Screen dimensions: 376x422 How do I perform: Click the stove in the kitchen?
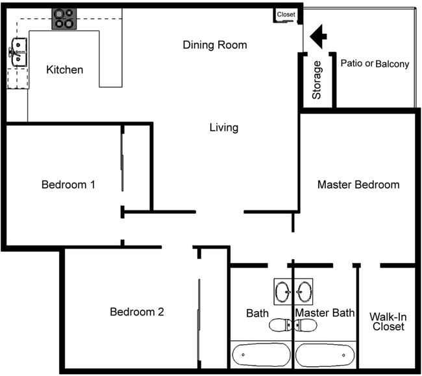[x=64, y=19]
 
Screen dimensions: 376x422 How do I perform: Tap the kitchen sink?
[x=18, y=52]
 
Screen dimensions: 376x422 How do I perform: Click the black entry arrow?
[x=317, y=36]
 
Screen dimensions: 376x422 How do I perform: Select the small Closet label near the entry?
[x=286, y=14]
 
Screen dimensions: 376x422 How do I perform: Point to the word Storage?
[x=317, y=80]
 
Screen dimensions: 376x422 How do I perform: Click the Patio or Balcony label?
[x=375, y=64]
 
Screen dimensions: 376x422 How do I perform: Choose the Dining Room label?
[x=215, y=45]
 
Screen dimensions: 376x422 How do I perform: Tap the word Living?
[x=223, y=127]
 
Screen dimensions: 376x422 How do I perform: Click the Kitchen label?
[x=65, y=69]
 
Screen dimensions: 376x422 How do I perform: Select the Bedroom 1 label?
[x=68, y=184]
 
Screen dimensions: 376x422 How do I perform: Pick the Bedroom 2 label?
[x=136, y=312]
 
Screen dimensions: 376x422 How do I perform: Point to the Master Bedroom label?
[x=358, y=184]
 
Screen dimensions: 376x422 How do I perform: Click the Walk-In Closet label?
[x=388, y=321]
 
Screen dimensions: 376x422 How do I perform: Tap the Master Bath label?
[x=325, y=313]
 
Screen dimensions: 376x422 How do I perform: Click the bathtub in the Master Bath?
[x=325, y=355]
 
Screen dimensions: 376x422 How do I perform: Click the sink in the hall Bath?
[x=284, y=291]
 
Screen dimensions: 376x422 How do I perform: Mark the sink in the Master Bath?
[x=303, y=291]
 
